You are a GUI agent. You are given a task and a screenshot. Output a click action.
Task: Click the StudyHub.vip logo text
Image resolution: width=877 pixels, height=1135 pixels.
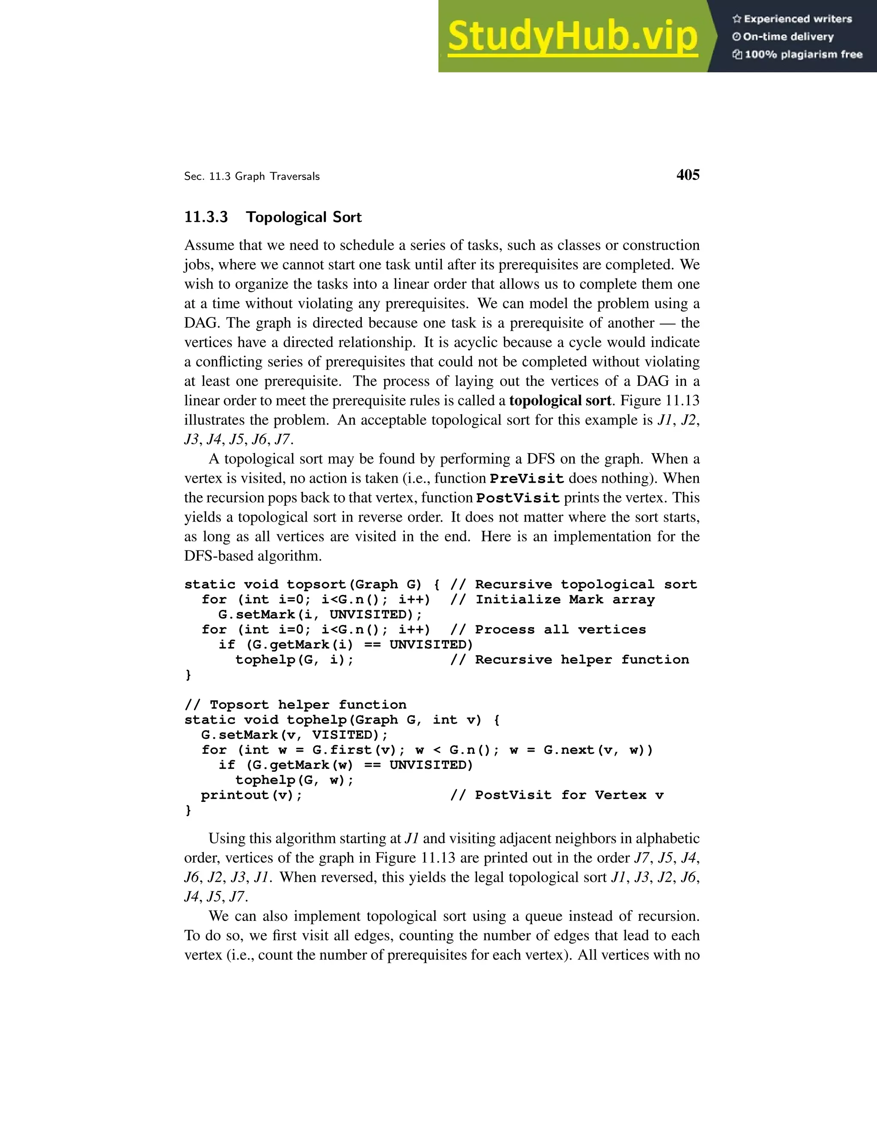click(572, 36)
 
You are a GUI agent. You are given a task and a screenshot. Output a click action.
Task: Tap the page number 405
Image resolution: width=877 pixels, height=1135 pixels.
click(687, 175)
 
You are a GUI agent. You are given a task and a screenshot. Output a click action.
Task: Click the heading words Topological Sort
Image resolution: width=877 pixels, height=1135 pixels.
click(304, 217)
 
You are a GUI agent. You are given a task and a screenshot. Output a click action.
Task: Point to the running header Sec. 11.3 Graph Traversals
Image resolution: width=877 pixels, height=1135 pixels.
click(251, 177)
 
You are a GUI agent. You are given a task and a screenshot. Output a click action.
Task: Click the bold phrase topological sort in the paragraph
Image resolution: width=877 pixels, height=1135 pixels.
click(560, 401)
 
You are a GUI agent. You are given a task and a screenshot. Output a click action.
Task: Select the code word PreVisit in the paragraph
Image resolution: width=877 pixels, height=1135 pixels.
click(527, 479)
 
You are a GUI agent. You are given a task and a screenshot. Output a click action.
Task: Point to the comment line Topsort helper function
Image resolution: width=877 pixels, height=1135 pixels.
click(295, 705)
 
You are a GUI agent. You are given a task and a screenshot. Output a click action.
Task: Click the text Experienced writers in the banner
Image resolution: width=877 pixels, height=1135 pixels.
click(797, 19)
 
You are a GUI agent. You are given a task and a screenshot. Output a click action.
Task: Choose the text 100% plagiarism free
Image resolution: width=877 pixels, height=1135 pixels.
click(803, 54)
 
